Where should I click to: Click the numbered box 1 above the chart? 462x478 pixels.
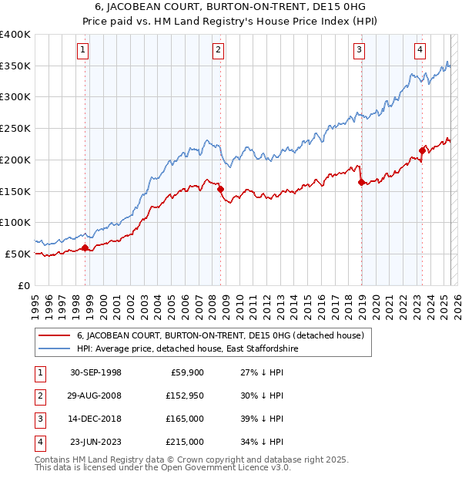[x=82, y=51]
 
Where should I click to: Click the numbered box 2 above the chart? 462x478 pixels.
[x=219, y=51]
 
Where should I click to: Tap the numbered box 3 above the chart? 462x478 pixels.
[x=360, y=51]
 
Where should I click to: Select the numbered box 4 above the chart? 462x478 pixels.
[x=420, y=51]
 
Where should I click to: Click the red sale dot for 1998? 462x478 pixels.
[x=85, y=247]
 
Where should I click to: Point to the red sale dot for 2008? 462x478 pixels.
[x=221, y=189]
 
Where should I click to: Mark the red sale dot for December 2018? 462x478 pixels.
[x=361, y=182]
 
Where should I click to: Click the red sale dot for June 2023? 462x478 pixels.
[x=423, y=150]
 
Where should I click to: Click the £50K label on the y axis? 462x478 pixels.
[x=18, y=254]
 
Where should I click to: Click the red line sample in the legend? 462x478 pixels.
[x=54, y=336]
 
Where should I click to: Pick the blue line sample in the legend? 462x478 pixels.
[x=54, y=348]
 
